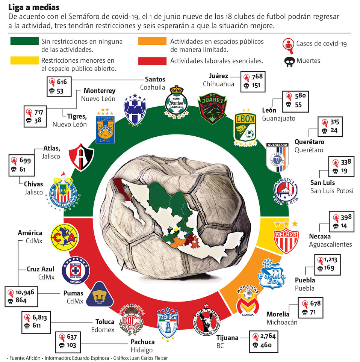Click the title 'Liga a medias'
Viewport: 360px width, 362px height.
tap(33, 7)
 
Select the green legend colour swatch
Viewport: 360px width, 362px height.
tap(24, 41)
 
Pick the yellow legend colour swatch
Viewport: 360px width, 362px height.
tap(24, 60)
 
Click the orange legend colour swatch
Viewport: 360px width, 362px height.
tap(152, 41)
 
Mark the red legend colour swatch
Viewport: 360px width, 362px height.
tap(152, 60)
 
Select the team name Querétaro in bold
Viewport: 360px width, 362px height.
tap(309, 142)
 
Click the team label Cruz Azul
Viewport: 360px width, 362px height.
tap(41, 269)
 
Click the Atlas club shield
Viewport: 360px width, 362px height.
tap(81, 155)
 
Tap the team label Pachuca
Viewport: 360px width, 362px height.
tap(142, 342)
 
